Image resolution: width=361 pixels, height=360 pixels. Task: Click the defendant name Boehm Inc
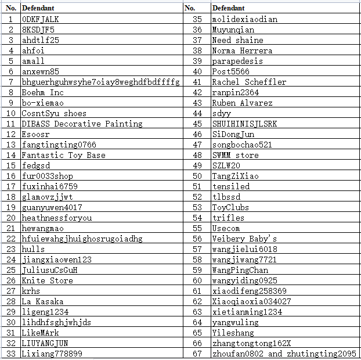tap(42, 92)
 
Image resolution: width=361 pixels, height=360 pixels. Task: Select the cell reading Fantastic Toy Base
tap(63, 155)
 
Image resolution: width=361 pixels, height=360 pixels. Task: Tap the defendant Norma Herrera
tap(242, 51)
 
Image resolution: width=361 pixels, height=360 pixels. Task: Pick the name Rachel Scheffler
tap(249, 82)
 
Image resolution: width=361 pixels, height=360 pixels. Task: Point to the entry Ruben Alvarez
tap(242, 103)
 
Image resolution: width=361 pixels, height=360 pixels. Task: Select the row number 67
tap(197, 354)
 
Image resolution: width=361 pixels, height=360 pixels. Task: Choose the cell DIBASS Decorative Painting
tap(82, 124)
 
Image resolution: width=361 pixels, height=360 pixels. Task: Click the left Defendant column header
tap(37, 8)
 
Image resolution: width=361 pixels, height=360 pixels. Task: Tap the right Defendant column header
tap(228, 8)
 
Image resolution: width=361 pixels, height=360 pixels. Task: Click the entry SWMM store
tap(235, 155)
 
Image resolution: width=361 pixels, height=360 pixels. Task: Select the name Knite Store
tap(47, 280)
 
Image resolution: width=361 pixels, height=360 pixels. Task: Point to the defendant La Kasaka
tap(42, 301)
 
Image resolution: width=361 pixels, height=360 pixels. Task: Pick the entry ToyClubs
tap(230, 207)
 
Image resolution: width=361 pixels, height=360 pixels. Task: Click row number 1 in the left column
tap(11, 19)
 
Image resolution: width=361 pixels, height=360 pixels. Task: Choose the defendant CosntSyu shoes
tap(54, 113)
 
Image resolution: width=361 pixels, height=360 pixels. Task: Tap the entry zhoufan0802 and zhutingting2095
tap(284, 354)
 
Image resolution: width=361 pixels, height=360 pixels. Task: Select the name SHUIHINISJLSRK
tap(244, 124)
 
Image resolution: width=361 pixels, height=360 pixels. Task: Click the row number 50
tap(197, 176)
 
